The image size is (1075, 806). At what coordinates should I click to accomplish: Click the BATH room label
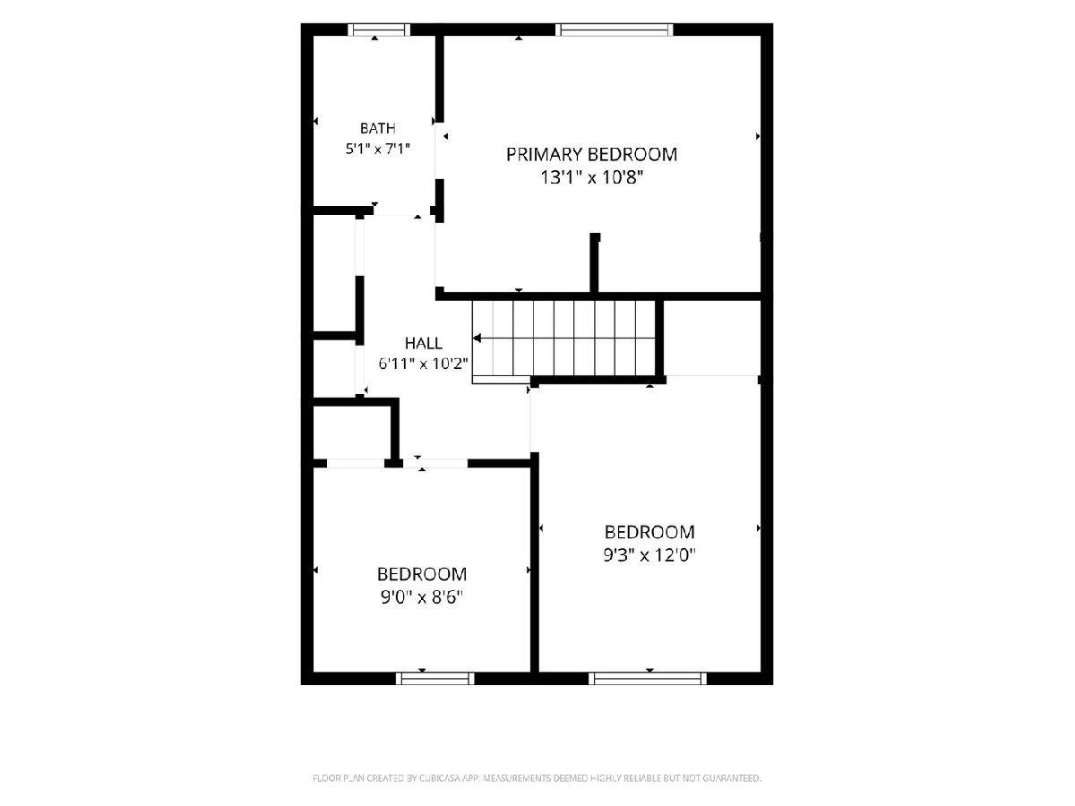[378, 128]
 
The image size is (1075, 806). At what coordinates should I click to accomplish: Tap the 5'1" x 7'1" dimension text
[378, 149]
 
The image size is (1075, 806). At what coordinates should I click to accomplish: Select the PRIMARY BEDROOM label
[591, 155]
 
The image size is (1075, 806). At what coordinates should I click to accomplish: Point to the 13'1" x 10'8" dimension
[591, 177]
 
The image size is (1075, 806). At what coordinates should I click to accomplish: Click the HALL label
[424, 344]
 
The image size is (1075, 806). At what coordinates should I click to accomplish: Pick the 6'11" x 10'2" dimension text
[424, 364]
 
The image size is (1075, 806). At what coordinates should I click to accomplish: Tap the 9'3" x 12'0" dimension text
[649, 555]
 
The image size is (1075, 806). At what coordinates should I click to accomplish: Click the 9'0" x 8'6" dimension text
[422, 597]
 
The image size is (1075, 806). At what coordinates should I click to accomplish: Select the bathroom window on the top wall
[379, 30]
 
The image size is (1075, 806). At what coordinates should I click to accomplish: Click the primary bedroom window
[615, 30]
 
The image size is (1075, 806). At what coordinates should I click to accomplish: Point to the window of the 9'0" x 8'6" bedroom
[434, 678]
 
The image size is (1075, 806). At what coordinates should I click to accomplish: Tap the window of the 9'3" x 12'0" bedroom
[648, 678]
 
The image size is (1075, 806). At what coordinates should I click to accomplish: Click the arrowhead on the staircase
[477, 339]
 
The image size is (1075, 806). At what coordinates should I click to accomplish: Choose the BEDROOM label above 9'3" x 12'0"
[649, 532]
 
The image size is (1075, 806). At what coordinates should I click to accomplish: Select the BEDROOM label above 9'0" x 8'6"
[422, 574]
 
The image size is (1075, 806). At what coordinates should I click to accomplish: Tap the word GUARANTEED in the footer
[732, 778]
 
